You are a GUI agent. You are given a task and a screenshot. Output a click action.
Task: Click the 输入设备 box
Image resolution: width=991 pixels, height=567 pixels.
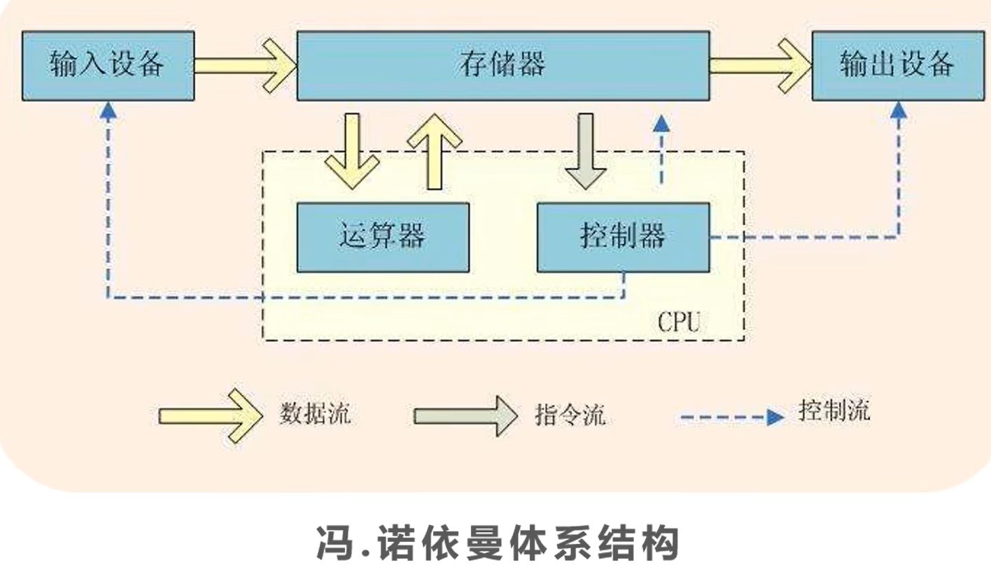click(x=108, y=65)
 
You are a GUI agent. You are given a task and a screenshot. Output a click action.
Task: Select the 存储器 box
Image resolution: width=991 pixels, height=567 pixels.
click(x=502, y=65)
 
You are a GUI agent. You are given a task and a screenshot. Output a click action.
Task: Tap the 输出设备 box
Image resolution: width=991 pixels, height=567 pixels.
click(x=897, y=65)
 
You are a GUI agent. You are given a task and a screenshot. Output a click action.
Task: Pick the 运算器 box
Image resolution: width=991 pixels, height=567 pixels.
click(x=383, y=237)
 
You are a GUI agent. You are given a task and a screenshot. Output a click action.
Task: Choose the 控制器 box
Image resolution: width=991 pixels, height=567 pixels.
click(x=622, y=237)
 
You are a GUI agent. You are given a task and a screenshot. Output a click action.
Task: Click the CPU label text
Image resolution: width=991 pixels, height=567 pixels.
click(x=678, y=322)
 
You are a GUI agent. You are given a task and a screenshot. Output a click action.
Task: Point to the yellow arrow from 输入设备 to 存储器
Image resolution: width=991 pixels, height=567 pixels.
click(x=245, y=65)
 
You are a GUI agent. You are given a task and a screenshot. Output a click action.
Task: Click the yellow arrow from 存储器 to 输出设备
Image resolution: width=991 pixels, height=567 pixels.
click(x=760, y=65)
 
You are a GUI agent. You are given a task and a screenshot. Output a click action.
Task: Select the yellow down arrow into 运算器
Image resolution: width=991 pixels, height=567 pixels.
click(x=352, y=150)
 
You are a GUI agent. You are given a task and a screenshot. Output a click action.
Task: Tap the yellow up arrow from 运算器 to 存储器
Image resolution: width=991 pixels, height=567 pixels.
click(x=434, y=150)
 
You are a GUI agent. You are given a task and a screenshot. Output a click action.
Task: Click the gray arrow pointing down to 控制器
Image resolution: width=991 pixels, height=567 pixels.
click(x=586, y=150)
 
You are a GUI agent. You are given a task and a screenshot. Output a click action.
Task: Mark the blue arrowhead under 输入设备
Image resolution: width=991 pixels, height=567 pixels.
click(x=108, y=110)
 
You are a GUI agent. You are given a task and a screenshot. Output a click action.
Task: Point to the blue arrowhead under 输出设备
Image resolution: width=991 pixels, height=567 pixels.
click(x=899, y=110)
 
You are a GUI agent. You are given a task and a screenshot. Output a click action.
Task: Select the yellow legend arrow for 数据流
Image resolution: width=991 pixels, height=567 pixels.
click(x=210, y=416)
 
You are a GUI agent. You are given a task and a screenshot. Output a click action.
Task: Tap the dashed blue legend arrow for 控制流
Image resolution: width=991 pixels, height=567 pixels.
click(x=732, y=417)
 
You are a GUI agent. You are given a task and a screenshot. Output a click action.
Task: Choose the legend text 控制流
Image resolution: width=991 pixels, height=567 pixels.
click(x=834, y=411)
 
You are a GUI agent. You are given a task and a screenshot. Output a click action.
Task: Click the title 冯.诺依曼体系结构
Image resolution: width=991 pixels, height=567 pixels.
click(x=497, y=542)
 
